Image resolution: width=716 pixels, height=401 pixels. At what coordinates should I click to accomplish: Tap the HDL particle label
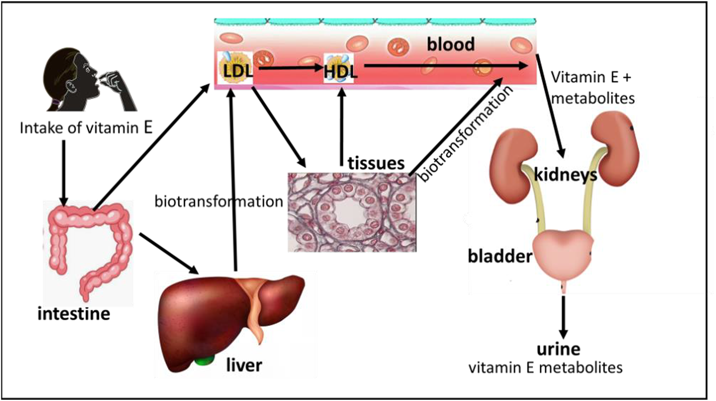point(340,71)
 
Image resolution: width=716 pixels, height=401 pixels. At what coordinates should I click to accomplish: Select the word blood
point(450,44)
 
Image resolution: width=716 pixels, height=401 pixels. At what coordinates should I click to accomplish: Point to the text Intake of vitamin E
point(86,128)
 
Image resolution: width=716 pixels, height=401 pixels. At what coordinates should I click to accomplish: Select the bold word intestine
point(74,314)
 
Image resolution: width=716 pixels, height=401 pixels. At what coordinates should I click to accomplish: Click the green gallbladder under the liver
point(205,360)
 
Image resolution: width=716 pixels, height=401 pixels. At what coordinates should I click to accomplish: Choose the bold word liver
point(244,366)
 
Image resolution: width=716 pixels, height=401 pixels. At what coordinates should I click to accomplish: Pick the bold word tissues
point(376,163)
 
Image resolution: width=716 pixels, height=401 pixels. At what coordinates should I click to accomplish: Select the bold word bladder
point(500,257)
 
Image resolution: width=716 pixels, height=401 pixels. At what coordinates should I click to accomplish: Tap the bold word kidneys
point(565,174)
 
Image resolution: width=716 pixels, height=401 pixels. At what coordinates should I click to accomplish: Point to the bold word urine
point(558,349)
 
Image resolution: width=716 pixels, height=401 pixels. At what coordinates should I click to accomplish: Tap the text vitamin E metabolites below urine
point(545,368)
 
